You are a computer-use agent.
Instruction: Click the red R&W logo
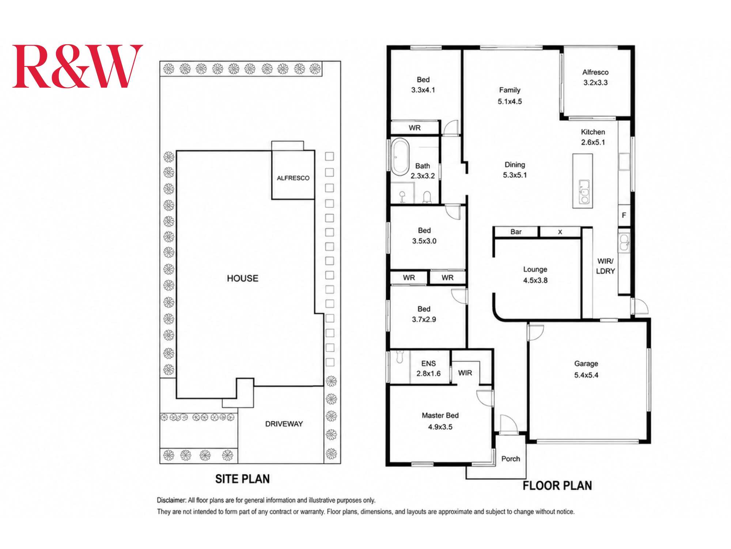click(77, 66)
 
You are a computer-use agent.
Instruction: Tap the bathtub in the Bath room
click(400, 157)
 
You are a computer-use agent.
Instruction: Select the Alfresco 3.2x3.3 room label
click(595, 77)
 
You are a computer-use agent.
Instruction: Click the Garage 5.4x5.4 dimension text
click(586, 375)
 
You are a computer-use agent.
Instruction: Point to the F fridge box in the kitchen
click(624, 215)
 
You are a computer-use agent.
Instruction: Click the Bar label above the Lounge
click(516, 232)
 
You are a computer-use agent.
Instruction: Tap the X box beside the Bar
click(560, 232)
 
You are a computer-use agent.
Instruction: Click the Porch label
click(511, 459)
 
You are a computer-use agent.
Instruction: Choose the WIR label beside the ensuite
click(465, 373)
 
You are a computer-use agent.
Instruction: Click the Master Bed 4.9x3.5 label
click(440, 421)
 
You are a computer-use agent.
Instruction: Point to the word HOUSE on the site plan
click(242, 279)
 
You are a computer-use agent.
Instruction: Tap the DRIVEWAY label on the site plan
click(284, 424)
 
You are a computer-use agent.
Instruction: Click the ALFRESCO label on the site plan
click(293, 178)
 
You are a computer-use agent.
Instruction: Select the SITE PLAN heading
click(242, 479)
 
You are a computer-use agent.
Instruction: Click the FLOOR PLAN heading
click(557, 486)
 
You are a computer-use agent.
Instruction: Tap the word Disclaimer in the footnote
click(171, 500)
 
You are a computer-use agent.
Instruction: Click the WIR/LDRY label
click(606, 266)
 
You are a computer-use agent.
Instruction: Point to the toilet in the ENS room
click(399, 357)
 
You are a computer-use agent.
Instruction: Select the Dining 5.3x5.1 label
click(515, 170)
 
